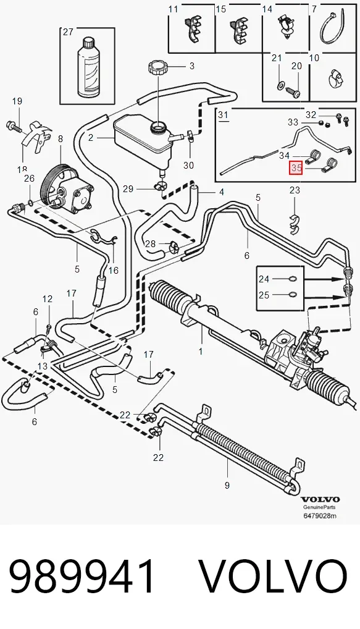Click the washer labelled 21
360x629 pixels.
click(x=280, y=85)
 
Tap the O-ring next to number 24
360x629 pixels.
click(x=293, y=279)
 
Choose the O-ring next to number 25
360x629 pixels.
click(x=293, y=295)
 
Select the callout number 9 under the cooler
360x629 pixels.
click(x=227, y=486)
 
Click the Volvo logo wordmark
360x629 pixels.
click(x=320, y=499)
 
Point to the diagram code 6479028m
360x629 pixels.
click(x=319, y=515)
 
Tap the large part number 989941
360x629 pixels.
click(x=82, y=576)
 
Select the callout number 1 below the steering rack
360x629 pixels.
click(x=201, y=352)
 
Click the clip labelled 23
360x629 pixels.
click(x=295, y=224)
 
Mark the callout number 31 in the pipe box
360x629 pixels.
click(x=223, y=115)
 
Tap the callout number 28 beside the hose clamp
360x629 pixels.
click(x=150, y=243)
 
